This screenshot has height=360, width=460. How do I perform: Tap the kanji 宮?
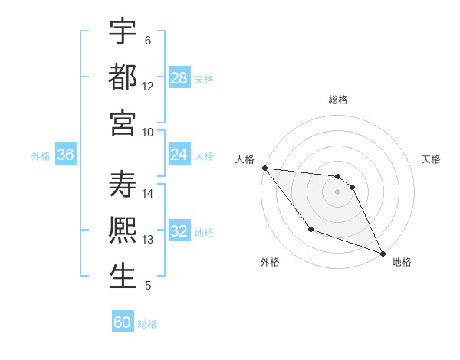point(123,123)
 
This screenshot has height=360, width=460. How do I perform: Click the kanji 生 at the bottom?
point(123,277)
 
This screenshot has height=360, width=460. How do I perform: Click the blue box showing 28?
point(179,78)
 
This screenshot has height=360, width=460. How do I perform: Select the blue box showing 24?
point(179,155)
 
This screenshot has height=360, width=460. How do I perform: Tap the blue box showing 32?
point(179,232)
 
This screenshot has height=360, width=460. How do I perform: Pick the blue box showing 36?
point(66,155)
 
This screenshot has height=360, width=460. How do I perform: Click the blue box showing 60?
point(123,322)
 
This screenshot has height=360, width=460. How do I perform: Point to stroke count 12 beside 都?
point(148,87)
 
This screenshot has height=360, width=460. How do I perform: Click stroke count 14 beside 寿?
point(148,194)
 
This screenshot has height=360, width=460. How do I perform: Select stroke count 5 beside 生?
point(148,286)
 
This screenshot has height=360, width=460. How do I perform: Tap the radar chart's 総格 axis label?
point(338,100)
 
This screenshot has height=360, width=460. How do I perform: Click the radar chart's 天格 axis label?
point(432,159)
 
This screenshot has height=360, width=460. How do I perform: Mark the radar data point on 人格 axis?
point(264,169)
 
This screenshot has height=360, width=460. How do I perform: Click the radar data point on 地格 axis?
point(383,253)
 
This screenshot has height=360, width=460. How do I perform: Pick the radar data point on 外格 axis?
point(310,229)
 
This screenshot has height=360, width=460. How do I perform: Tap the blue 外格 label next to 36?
point(41,156)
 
